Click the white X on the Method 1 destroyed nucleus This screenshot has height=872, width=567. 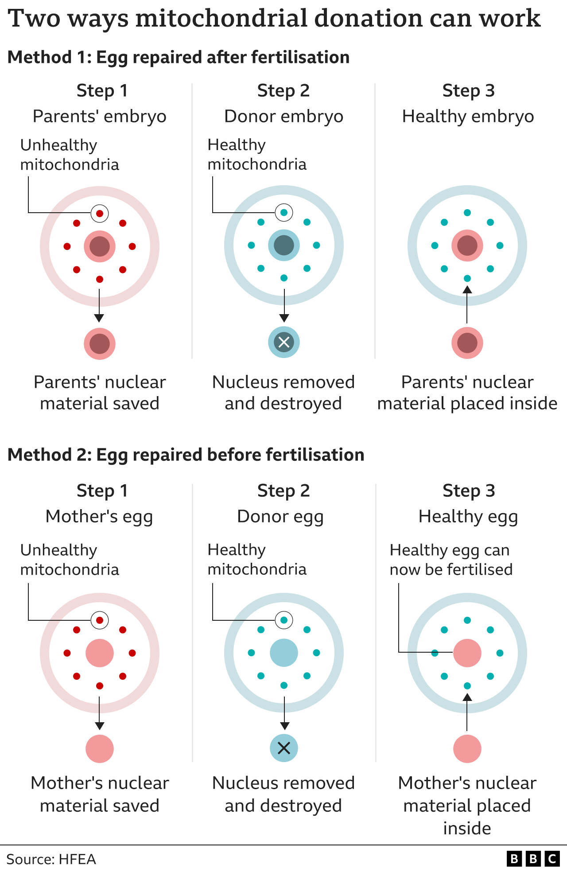pos(284,342)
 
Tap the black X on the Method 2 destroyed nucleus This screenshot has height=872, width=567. pos(284,748)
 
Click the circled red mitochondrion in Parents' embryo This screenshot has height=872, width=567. pos(100,214)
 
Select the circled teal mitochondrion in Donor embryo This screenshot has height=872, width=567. pos(284,213)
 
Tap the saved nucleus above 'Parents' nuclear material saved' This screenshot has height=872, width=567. pos(100,344)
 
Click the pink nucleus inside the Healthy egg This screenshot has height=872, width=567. pos(467,653)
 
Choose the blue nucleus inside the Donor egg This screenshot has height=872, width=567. pos(284,653)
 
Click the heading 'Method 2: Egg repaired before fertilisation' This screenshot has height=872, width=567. pos(186,455)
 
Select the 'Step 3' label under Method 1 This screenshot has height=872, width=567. pos(468,91)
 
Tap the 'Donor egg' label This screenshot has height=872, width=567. pos(280,516)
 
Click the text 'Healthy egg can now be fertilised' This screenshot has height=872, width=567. pos(450,560)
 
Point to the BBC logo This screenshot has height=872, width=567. pos(533,859)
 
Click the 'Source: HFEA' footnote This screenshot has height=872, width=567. pos(51,859)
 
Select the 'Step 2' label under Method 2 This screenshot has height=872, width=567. pos(283,491)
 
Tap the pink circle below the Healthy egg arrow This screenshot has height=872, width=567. pos(467,749)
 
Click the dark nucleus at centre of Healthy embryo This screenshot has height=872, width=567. pos(467,245)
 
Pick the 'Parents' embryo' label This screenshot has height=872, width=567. pos(100,116)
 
